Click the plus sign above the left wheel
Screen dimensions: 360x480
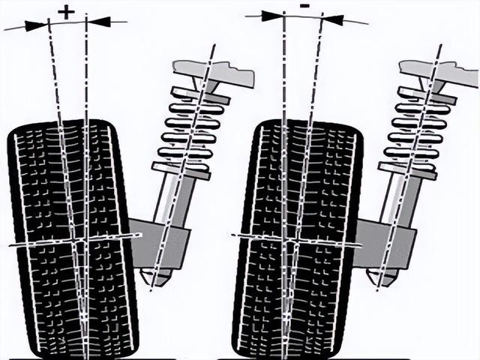(67, 11)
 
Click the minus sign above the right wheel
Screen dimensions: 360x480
(304, 6)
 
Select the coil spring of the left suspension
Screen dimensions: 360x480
(191, 127)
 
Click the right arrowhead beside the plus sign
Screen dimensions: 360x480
(100, 22)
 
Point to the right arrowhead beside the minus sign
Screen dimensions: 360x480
(334, 19)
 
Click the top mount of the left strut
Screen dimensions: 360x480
(214, 73)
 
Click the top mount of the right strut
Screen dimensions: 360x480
(439, 71)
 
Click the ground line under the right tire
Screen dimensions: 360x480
(300, 358)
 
